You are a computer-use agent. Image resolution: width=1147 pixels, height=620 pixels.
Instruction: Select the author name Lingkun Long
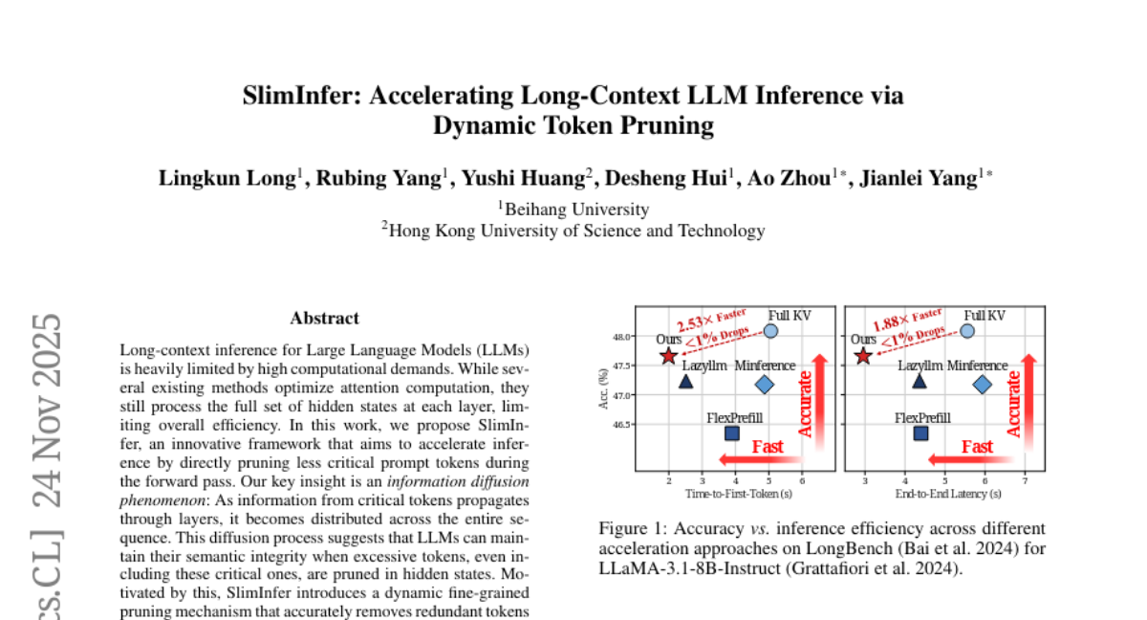tap(227, 178)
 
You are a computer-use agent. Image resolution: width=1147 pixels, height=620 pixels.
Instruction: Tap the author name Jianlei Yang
tap(919, 178)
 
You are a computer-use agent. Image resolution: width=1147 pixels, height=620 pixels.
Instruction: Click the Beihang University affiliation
tap(577, 209)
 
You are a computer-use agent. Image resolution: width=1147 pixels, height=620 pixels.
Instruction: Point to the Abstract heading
tap(325, 319)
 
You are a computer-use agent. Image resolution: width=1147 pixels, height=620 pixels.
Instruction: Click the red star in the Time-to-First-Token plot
tap(668, 356)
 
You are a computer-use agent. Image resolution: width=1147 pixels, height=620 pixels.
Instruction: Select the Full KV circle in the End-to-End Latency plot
tap(967, 331)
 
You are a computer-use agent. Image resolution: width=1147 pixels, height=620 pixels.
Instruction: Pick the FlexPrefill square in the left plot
tap(732, 433)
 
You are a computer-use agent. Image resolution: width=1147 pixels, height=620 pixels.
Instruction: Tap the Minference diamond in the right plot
tap(983, 385)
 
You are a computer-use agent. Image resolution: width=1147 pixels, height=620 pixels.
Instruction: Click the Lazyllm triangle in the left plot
tap(685, 382)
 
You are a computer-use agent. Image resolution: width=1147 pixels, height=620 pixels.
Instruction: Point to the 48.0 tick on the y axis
tap(621, 337)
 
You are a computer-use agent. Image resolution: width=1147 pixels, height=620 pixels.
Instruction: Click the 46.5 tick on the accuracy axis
tap(621, 425)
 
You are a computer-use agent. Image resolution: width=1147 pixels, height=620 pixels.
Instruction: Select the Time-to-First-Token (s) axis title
tap(738, 494)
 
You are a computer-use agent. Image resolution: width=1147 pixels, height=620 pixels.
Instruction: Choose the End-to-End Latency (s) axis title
tap(948, 494)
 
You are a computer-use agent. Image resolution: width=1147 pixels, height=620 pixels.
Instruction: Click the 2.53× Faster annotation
tap(712, 321)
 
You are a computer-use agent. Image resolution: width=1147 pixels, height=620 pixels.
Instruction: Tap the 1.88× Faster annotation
tap(908, 320)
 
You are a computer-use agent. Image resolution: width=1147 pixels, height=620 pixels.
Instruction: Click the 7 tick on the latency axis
tap(1025, 481)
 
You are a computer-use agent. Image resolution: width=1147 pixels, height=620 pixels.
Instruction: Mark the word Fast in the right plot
tap(977, 447)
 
